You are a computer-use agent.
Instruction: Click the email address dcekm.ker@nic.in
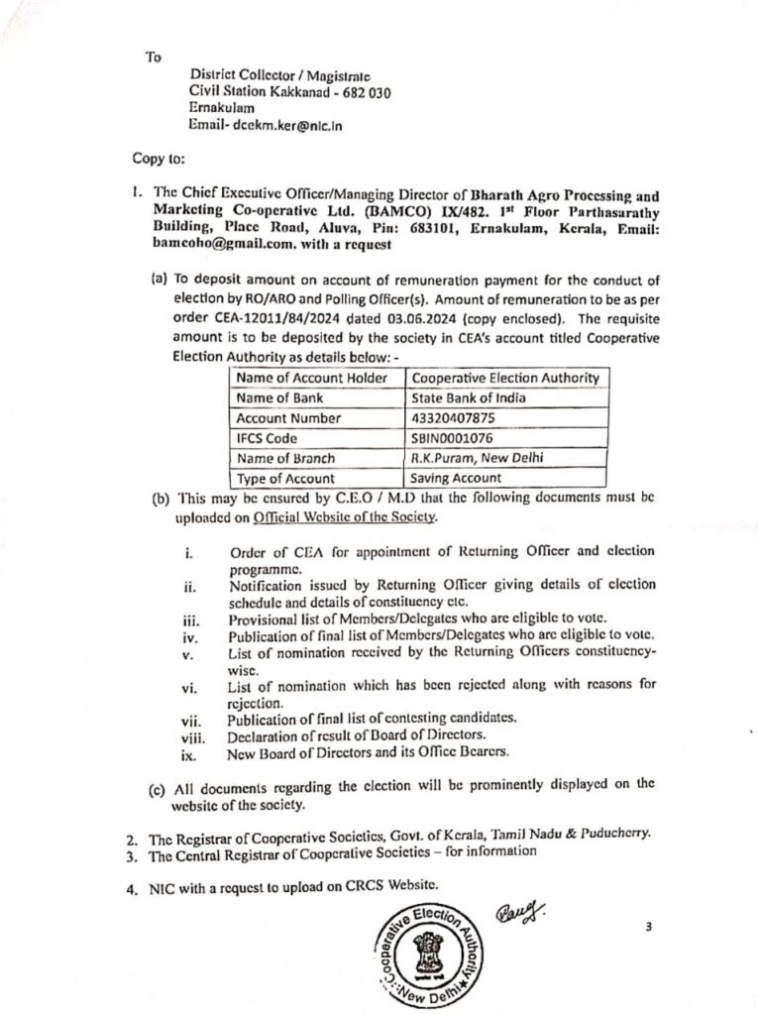[x=287, y=126]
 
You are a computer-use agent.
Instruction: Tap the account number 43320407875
[x=452, y=418]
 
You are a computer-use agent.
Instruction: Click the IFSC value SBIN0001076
[x=452, y=438]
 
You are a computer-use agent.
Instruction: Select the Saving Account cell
[x=457, y=478]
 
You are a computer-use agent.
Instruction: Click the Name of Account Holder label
[x=303, y=379]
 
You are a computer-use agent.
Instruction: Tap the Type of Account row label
[x=283, y=478]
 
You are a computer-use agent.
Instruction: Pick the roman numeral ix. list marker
[x=188, y=754]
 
